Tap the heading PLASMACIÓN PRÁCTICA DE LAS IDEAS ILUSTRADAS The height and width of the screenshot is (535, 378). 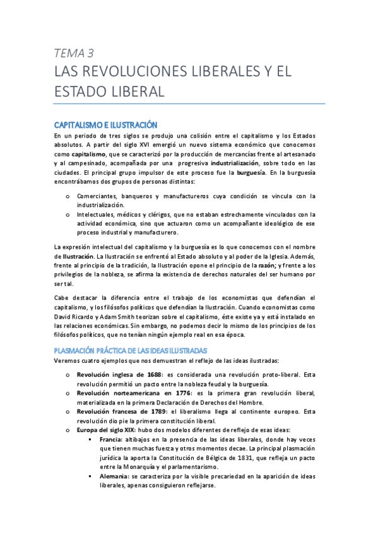coord(135,350)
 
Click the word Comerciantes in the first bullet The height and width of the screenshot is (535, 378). coord(105,196)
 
